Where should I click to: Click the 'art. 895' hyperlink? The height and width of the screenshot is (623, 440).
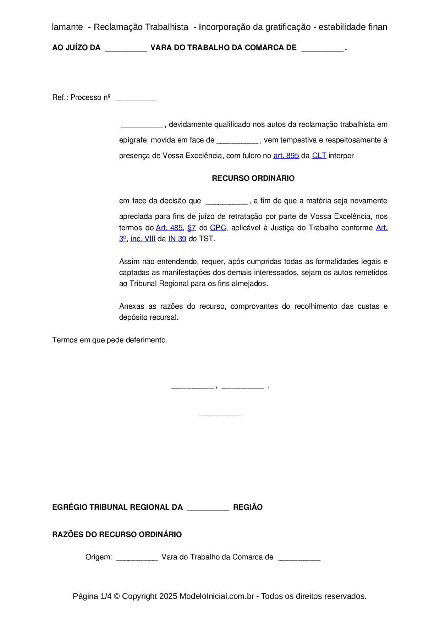tap(286, 156)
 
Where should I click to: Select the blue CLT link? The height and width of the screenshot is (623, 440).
tap(319, 156)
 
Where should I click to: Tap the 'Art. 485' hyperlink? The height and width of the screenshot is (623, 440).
tap(169, 228)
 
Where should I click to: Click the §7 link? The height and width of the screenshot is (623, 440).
tap(192, 228)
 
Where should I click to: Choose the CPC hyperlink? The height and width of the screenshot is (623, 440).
tap(218, 228)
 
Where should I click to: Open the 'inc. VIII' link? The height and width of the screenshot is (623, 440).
tap(143, 239)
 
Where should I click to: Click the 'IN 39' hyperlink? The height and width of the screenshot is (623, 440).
tap(177, 239)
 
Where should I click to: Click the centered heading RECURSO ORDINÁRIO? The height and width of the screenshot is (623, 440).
tap(253, 178)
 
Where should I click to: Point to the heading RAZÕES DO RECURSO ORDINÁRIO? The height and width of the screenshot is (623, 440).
tap(117, 535)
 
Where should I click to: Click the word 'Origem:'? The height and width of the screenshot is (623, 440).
tap(99, 557)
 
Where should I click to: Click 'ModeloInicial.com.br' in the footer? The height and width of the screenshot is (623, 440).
tap(216, 596)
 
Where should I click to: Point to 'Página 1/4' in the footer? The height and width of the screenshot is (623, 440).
tap(92, 596)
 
